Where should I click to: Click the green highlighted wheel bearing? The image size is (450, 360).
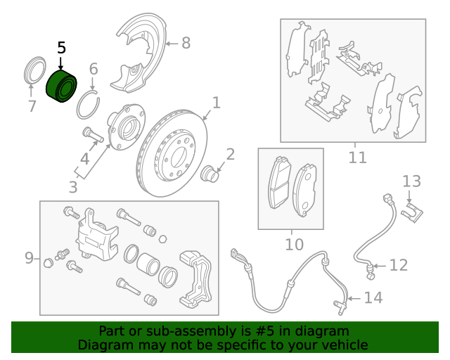(61, 86)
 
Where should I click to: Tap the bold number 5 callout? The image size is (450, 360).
(61, 48)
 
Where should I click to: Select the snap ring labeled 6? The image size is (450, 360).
(88, 105)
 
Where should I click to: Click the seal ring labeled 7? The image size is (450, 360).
(34, 70)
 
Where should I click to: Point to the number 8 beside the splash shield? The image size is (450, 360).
(186, 43)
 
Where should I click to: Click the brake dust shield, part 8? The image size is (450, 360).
(138, 53)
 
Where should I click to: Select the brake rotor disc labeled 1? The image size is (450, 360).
(172, 153)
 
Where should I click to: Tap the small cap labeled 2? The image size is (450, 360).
(210, 173)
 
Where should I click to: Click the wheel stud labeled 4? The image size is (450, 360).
(93, 135)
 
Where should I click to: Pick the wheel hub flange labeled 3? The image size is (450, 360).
(127, 127)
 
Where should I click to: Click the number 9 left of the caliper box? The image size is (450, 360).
(29, 258)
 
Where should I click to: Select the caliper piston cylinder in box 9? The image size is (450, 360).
(148, 264)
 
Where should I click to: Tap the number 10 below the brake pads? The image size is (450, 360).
(294, 245)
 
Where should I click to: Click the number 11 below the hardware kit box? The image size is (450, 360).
(358, 157)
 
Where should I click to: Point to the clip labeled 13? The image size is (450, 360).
(412, 213)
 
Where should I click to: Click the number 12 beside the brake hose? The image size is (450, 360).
(399, 265)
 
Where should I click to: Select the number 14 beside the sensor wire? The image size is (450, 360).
(373, 298)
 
